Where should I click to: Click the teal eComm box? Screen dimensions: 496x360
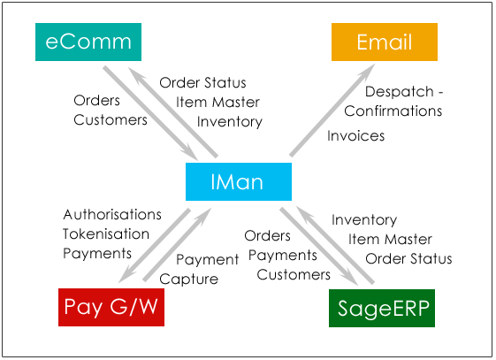(x=88, y=42)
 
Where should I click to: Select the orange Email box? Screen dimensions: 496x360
(x=385, y=42)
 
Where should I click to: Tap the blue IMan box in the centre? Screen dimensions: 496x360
(x=239, y=181)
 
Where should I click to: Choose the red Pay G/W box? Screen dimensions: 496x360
(x=111, y=307)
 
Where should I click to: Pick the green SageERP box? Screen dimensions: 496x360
(x=382, y=308)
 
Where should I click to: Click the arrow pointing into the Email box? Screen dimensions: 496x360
(x=332, y=110)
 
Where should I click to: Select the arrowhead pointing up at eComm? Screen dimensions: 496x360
(x=137, y=75)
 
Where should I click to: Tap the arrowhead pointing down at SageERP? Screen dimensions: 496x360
(x=350, y=278)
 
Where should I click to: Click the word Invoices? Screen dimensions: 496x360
(x=356, y=135)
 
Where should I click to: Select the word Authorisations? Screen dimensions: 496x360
(x=112, y=214)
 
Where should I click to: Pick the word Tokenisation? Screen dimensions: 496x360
(x=106, y=234)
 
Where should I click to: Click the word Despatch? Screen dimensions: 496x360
(x=400, y=92)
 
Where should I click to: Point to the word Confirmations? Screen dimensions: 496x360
(x=393, y=111)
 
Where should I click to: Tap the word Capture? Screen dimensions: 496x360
(x=189, y=280)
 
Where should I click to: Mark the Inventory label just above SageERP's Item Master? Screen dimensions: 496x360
(x=364, y=220)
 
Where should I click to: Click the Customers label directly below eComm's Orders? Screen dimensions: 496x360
(x=111, y=120)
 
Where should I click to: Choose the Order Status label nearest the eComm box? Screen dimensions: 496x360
(x=202, y=83)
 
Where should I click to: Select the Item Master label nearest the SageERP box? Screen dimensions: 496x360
(x=390, y=239)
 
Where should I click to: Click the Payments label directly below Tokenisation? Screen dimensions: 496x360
(x=97, y=254)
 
